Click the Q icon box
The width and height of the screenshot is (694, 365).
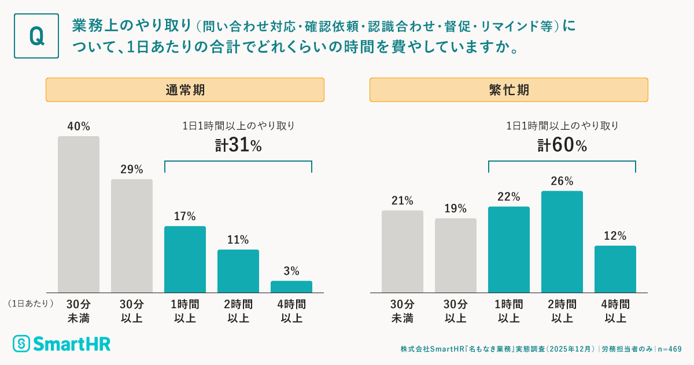(x=36, y=36)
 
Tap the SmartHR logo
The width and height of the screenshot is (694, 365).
(x=61, y=343)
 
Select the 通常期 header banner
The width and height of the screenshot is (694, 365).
(x=185, y=90)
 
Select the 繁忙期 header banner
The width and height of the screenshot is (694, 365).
(x=509, y=90)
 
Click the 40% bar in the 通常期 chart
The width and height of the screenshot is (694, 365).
(x=79, y=214)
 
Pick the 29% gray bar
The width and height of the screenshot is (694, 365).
(x=132, y=236)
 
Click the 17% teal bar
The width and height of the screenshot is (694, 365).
(x=185, y=259)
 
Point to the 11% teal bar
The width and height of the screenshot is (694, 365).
(x=238, y=271)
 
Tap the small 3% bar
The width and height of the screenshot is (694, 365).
(x=291, y=287)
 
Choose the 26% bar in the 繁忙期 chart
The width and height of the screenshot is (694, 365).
(x=562, y=242)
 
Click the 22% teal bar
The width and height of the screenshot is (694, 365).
(x=509, y=249)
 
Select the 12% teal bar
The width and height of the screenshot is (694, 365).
(x=615, y=269)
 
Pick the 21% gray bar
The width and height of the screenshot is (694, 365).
(x=403, y=251)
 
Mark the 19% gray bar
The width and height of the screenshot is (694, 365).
(x=456, y=256)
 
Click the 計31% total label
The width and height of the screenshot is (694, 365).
(x=238, y=145)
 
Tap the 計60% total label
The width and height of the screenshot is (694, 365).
(x=562, y=145)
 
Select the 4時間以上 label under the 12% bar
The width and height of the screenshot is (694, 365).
(x=615, y=311)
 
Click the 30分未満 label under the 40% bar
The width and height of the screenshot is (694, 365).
(x=79, y=311)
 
